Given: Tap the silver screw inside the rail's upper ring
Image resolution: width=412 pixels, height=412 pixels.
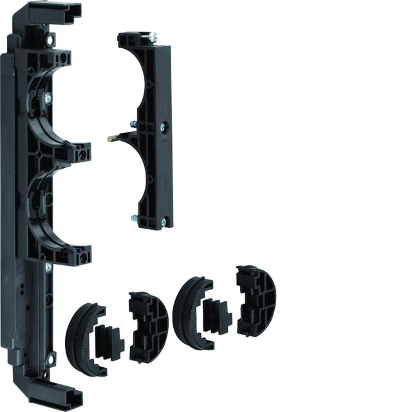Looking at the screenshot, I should pos(48,98).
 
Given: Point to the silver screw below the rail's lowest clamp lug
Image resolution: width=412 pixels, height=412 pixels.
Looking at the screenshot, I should pos(48,266).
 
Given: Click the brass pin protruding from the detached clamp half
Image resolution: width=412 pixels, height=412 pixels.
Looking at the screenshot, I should pos(113,136).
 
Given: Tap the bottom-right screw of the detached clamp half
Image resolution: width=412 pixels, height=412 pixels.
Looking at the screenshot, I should pos(163,223).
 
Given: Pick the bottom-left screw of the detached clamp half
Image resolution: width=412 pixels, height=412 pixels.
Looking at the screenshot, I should pos(133,218).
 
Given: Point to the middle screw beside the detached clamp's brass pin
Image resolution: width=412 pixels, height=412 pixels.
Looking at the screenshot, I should pos(133,124).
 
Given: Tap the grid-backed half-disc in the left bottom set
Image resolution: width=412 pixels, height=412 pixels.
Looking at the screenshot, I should pos(147,326).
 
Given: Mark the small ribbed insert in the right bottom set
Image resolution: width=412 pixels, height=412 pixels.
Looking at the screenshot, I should pos(217,312).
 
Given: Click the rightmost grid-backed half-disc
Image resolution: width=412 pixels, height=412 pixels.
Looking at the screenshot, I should pos(256,301).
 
